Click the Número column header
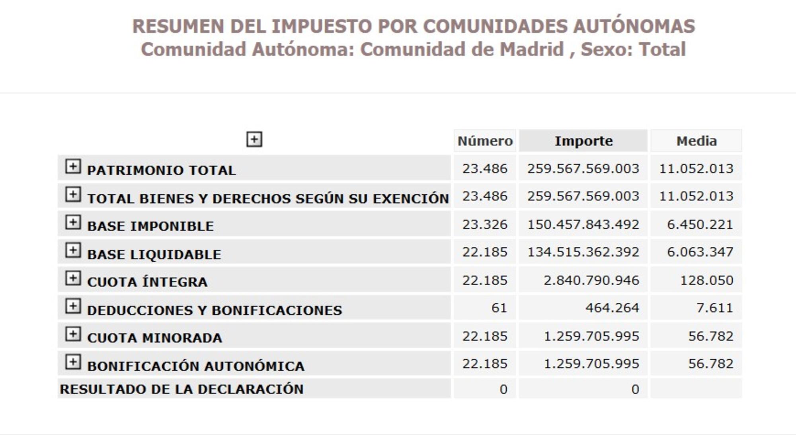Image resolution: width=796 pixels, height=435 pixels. pos(485,141)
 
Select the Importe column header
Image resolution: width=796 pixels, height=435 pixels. pos(583,141)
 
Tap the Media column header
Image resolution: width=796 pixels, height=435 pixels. pos(696,141)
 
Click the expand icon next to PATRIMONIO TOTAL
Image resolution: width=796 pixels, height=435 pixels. pos(73,167)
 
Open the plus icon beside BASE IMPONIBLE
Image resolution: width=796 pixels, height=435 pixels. pos(73,223)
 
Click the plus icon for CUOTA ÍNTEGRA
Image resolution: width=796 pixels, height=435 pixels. pos(73,278)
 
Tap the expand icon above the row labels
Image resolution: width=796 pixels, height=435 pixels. pos(254,139)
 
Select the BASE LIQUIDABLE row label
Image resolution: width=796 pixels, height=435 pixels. pos(154,254)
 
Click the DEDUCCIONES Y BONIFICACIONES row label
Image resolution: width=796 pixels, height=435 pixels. pos(215,310)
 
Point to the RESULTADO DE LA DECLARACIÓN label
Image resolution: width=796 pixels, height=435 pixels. pos(181,389)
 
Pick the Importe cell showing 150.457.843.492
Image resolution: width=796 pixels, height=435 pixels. pos(583,224)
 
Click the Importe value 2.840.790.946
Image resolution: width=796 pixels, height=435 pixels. pos(591,280)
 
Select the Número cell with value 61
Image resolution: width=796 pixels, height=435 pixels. pos(499,308)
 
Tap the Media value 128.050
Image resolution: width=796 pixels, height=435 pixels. pos(706,280)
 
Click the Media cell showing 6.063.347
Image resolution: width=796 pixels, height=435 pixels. pos(700,252)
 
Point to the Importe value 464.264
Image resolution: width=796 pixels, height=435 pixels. pos(612,308)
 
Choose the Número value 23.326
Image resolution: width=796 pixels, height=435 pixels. pos(485,224)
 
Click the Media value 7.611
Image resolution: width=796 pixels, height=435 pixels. pos(714,308)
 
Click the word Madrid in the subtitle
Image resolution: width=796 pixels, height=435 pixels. pos(531,50)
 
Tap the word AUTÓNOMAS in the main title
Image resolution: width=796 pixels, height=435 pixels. pos(634,26)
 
